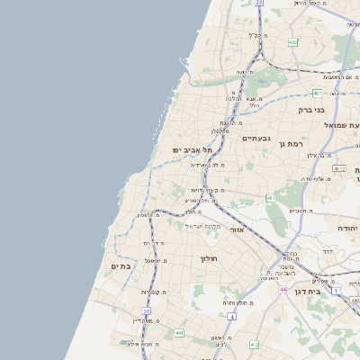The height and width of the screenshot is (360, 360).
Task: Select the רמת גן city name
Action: click(294, 143)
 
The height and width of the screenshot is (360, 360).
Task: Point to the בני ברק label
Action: click(311, 110)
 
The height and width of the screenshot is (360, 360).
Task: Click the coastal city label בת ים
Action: click(121, 266)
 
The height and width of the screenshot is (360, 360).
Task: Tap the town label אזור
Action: click(238, 230)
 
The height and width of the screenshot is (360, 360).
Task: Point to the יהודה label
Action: click(346, 229)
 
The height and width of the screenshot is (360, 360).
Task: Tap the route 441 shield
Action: click(179, 333)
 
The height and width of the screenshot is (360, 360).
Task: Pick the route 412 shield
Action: click(255, 345)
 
